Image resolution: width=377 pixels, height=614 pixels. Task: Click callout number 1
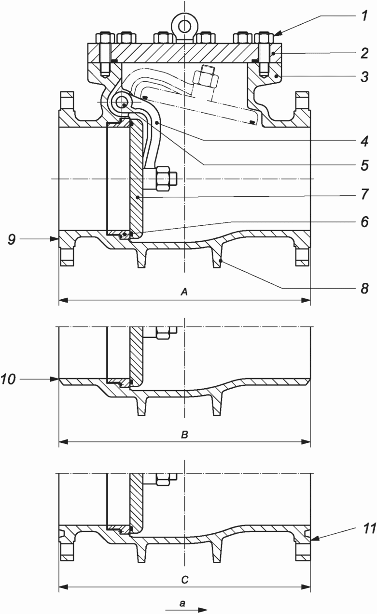point(363,16)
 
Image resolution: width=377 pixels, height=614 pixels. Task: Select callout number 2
point(364,53)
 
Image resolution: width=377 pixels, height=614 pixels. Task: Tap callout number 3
point(364,77)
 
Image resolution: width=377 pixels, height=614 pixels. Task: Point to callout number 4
point(364,141)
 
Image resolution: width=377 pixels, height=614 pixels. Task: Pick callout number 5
point(364,165)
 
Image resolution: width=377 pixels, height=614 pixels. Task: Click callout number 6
point(364,221)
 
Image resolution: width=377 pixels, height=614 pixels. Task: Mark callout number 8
point(364,288)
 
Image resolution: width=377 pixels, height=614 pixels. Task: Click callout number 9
point(11,239)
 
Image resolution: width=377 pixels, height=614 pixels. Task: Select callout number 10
point(8,380)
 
